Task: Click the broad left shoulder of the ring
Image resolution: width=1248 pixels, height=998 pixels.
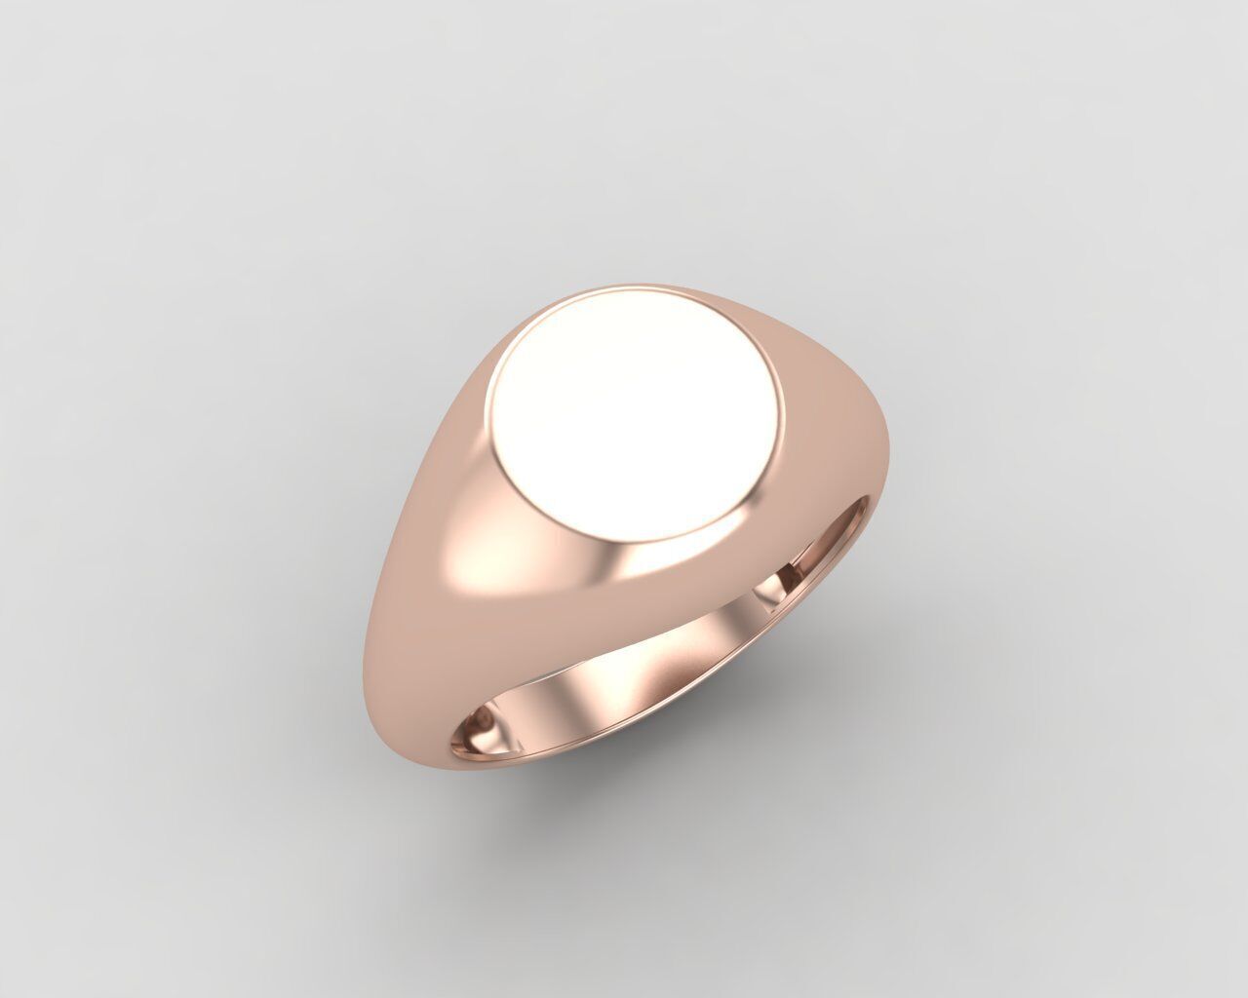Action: (x=429, y=546)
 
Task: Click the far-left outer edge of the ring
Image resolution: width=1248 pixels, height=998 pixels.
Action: (x=373, y=624)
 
